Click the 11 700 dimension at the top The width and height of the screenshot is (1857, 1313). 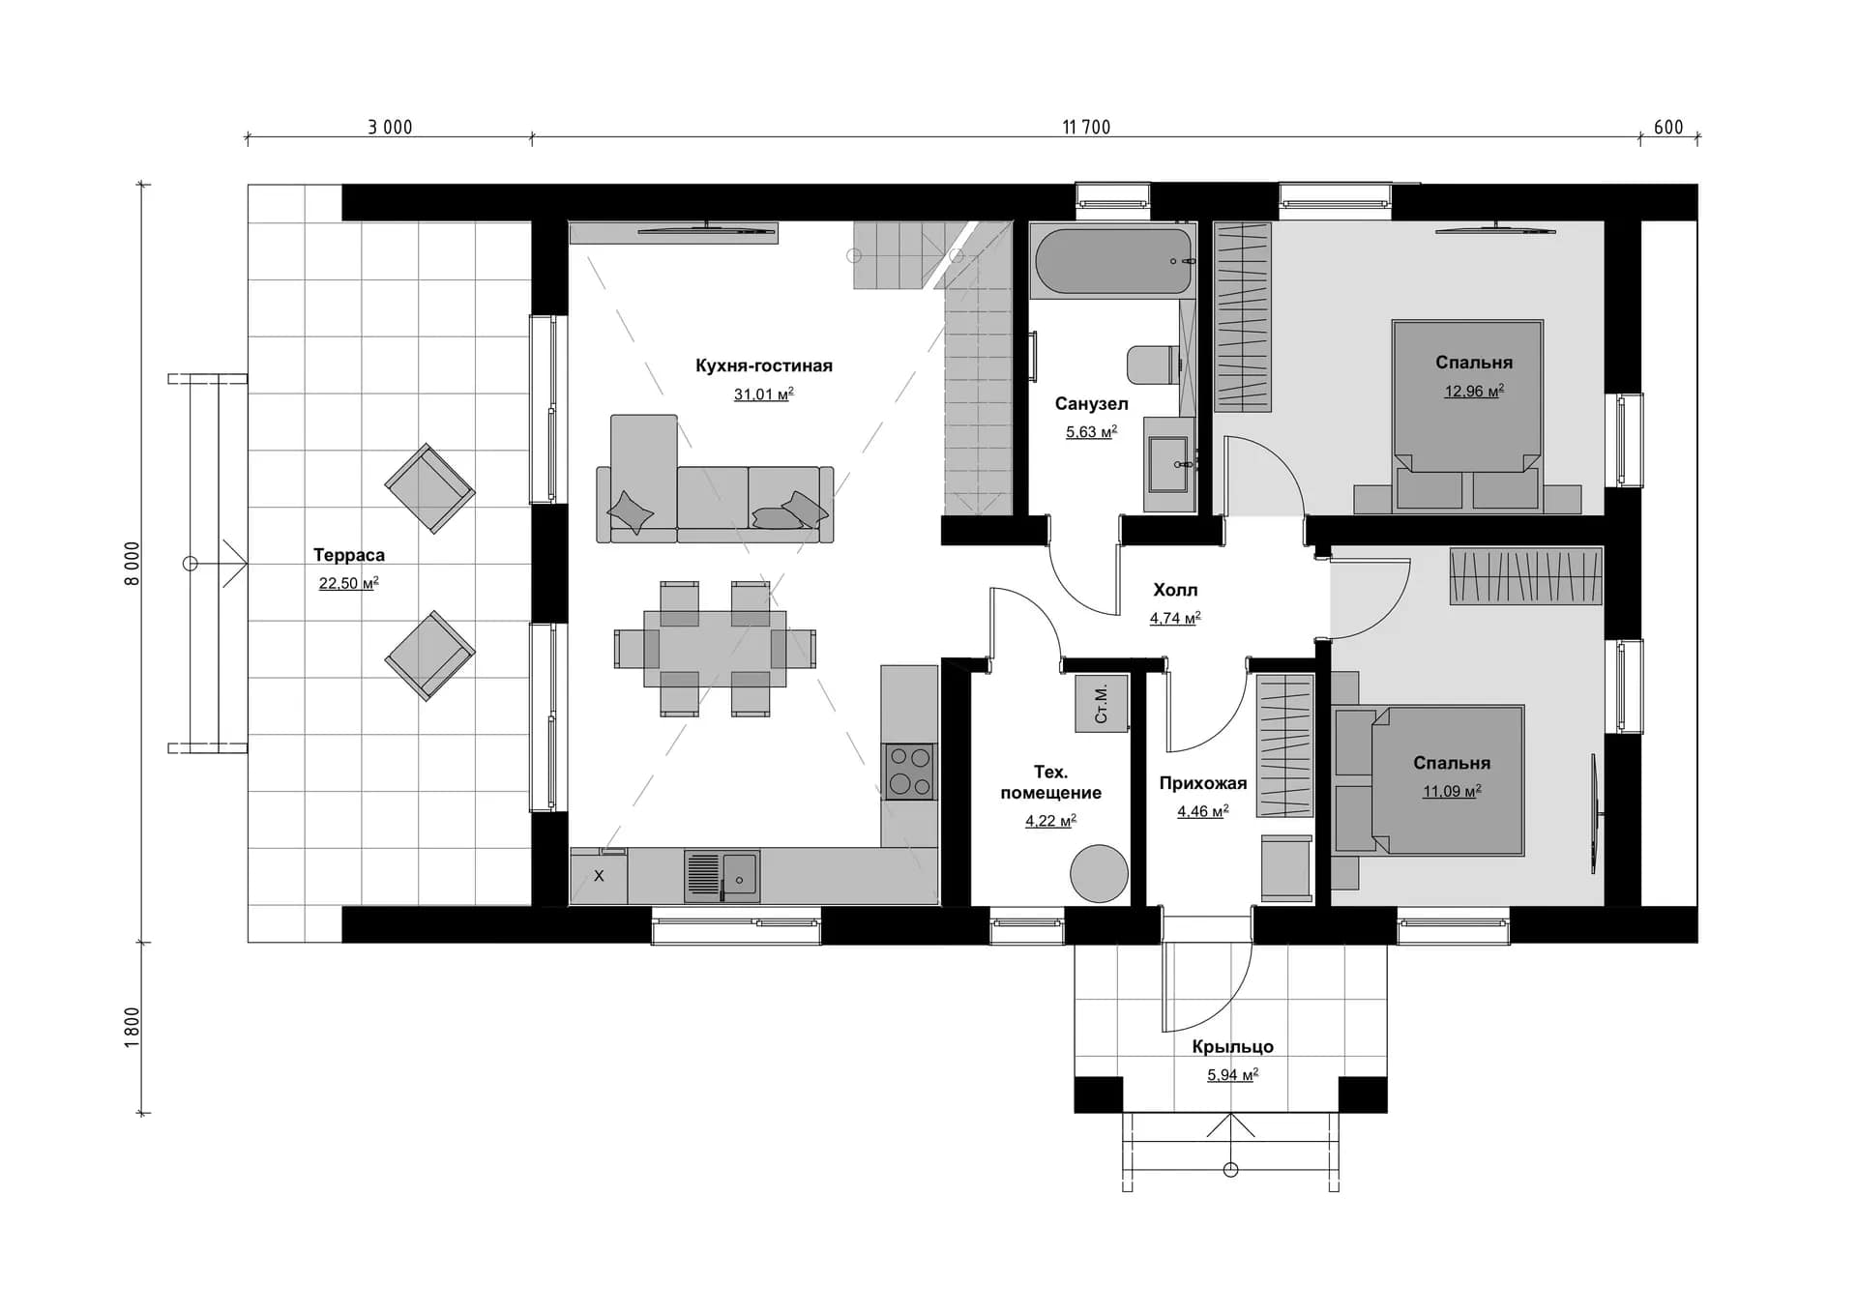click(1086, 127)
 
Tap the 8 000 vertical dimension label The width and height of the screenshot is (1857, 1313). click(133, 563)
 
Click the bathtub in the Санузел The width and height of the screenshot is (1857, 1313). click(1113, 260)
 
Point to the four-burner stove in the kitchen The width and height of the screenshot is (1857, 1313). click(909, 772)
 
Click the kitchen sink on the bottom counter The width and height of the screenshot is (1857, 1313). click(722, 876)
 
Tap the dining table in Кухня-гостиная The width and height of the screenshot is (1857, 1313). click(715, 649)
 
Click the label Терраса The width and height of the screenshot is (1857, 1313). click(349, 555)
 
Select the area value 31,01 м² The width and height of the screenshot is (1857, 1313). click(764, 394)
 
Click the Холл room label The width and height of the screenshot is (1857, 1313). click(1175, 590)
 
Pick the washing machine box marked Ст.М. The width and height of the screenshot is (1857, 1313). click(1102, 703)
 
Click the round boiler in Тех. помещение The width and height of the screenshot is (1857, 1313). click(1099, 873)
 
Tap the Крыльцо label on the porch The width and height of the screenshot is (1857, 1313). click(1232, 1046)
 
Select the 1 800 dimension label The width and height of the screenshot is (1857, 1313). click(133, 1027)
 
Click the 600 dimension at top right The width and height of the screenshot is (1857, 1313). click(1668, 127)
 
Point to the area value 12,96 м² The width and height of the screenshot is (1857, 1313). click(1474, 391)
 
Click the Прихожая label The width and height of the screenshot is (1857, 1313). click(1203, 783)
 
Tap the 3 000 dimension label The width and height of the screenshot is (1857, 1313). click(390, 127)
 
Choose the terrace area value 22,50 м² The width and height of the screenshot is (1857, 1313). click(349, 583)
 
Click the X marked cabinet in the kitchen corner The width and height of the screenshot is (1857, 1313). click(599, 876)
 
